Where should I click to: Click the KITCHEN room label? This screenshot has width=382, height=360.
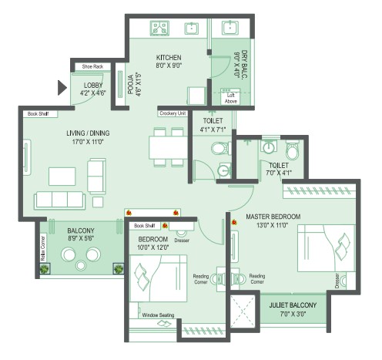point(168,58)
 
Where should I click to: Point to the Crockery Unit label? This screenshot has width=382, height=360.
point(173,113)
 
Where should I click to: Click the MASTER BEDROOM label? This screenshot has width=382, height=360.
point(273,216)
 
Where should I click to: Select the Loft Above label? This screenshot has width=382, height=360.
point(231,97)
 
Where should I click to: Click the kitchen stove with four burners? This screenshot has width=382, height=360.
point(160,29)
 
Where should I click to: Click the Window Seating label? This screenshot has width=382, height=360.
point(157,315)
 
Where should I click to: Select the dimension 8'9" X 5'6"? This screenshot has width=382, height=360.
point(80,240)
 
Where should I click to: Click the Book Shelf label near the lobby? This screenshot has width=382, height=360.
point(39,113)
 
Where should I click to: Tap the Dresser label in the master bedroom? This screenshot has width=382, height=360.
point(337,281)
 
